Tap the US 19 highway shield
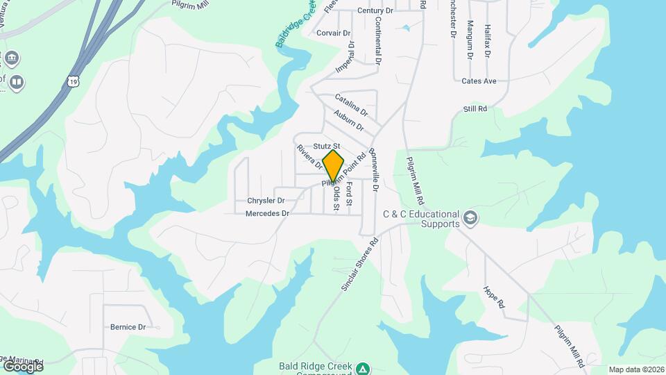74,81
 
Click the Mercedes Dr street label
266,214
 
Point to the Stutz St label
326,146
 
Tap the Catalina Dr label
351,105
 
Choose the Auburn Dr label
348,120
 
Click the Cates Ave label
479,81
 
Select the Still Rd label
475,109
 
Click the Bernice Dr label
128,326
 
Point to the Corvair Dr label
334,33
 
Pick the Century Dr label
375,10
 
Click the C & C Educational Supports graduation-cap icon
471,218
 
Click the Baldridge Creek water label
296,24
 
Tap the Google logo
23,366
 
